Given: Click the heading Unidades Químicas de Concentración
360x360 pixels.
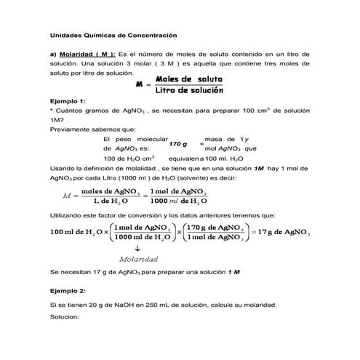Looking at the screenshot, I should pos(113,34).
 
